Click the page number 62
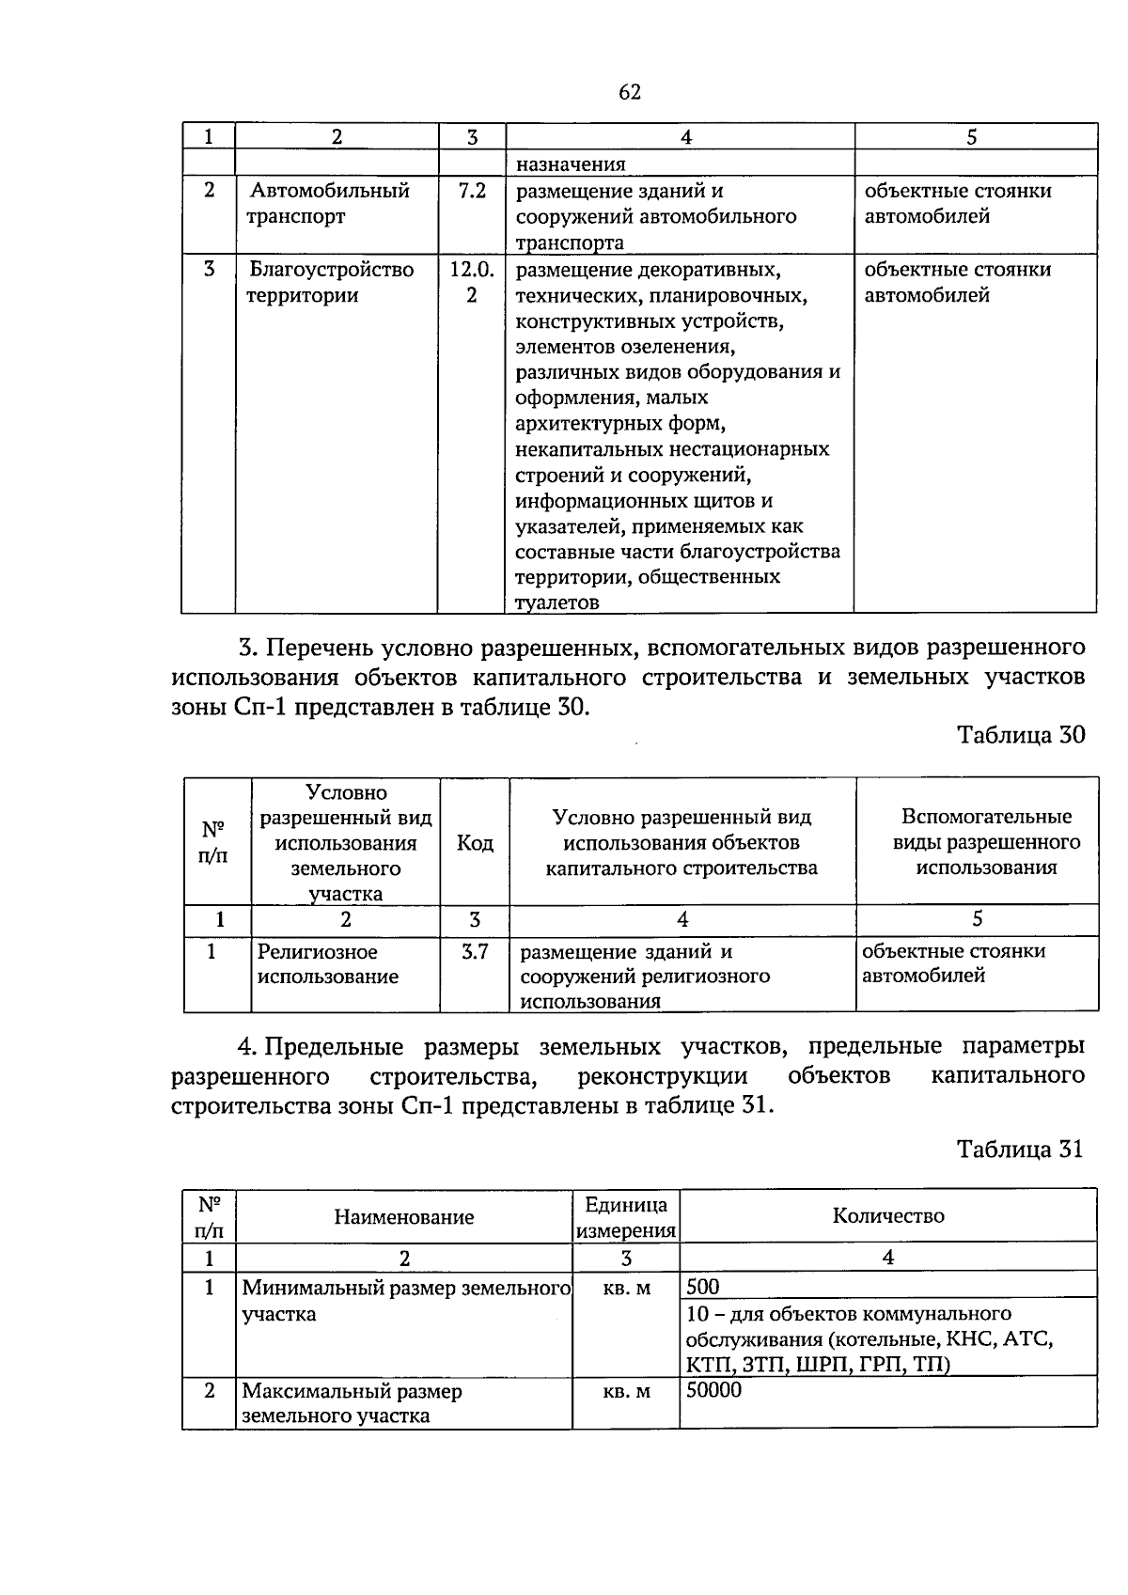pyautogui.click(x=630, y=92)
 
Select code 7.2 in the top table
pyautogui.click(x=472, y=191)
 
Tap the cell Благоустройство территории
pyautogui.click(x=331, y=283)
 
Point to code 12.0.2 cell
pyautogui.click(x=472, y=283)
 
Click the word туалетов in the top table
pyautogui.click(x=557, y=602)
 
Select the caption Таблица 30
pyautogui.click(x=1021, y=735)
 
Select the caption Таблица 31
pyautogui.click(x=1020, y=1149)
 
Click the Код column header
pyautogui.click(x=475, y=843)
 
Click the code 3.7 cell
pyautogui.click(x=475, y=951)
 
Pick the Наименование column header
pyautogui.click(x=404, y=1217)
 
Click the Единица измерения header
pyautogui.click(x=626, y=1217)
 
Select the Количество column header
pyautogui.click(x=888, y=1216)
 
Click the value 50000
pyautogui.click(x=713, y=1390)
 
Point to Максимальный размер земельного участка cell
pyautogui.click(x=352, y=1403)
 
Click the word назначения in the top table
pyautogui.click(x=571, y=164)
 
